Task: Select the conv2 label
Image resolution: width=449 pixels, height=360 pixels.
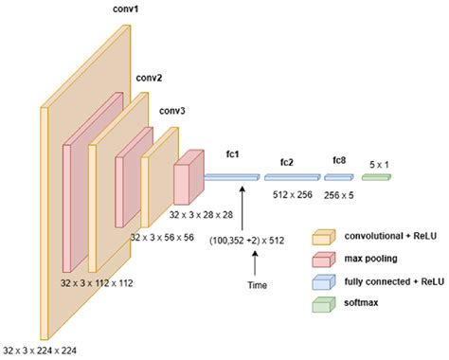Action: coord(148,78)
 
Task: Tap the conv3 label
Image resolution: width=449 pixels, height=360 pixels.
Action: coord(172,111)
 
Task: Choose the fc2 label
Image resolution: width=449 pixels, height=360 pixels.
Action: coord(286,162)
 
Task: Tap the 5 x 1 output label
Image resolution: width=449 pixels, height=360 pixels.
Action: coord(375,162)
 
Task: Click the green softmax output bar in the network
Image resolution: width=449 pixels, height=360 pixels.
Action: coord(375,176)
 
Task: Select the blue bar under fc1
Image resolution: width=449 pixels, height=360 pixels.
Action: coord(231,177)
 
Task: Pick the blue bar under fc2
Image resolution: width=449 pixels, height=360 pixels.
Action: coord(292,176)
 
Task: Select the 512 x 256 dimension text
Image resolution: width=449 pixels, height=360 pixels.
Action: coord(292,197)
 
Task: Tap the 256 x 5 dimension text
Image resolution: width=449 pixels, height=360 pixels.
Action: coord(340,197)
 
